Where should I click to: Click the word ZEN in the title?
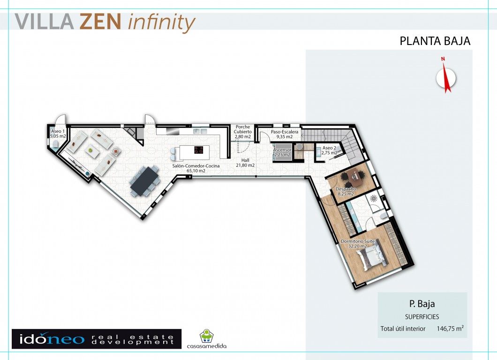click(x=100, y=22)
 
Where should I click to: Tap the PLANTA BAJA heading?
click(x=435, y=41)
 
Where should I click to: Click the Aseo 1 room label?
click(x=58, y=134)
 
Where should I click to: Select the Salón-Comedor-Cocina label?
click(x=196, y=168)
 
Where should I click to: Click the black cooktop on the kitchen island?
click(x=198, y=150)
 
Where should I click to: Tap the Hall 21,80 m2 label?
click(x=245, y=163)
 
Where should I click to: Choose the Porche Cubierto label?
click(x=243, y=132)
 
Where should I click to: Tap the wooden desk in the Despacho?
click(x=357, y=178)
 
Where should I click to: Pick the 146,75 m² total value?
click(x=450, y=328)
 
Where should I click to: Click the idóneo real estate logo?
click(x=97, y=339)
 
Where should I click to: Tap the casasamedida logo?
click(x=207, y=339)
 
